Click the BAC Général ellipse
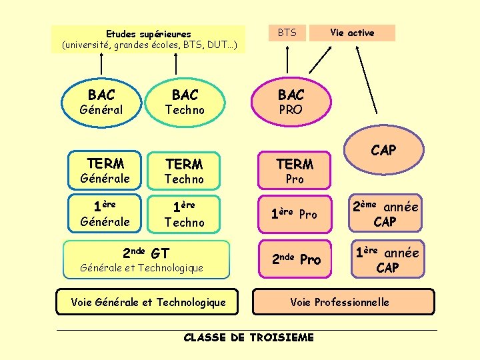click(x=101, y=102)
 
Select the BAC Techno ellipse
click(x=185, y=102)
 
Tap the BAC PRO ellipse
click(x=291, y=102)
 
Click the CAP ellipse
click(x=383, y=151)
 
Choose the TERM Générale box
click(x=105, y=171)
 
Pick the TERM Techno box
click(x=185, y=171)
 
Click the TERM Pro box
click(x=294, y=171)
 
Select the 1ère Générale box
click(x=105, y=213)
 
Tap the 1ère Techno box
click(x=185, y=213)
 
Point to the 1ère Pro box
click(x=294, y=214)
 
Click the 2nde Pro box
click(x=294, y=259)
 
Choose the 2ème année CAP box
click(x=385, y=214)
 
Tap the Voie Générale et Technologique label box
click(x=148, y=302)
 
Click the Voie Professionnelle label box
click(x=343, y=302)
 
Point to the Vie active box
click(x=352, y=33)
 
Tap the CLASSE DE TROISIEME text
click(x=248, y=337)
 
